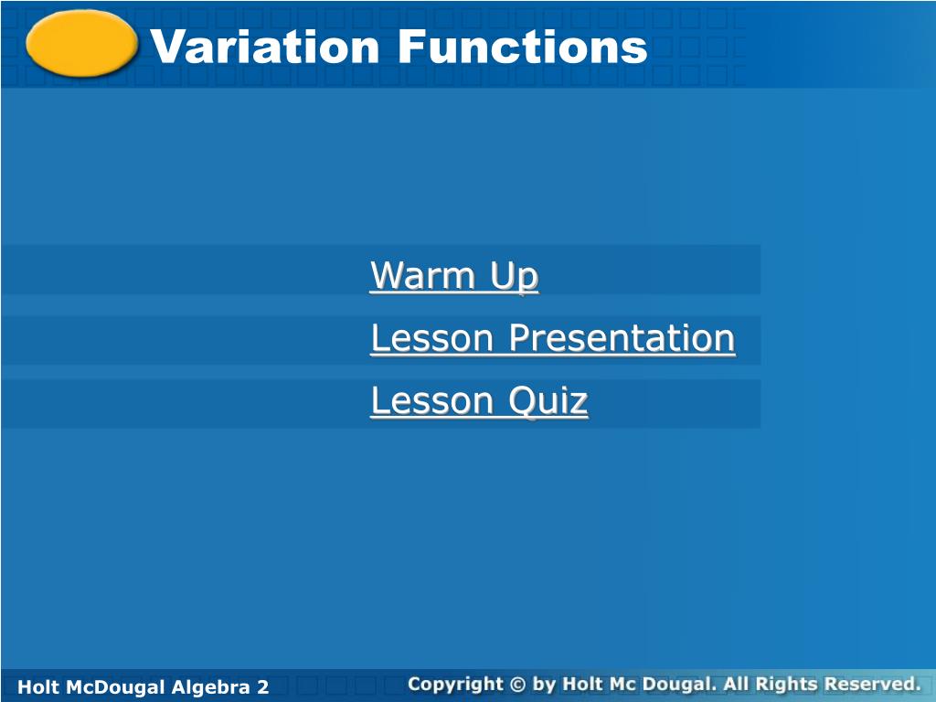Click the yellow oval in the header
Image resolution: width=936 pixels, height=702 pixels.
coord(81,44)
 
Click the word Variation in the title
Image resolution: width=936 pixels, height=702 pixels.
coord(264,47)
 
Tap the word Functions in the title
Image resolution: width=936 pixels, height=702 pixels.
coord(523,47)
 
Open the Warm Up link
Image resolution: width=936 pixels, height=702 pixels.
coord(454,275)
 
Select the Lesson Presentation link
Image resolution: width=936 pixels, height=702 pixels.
coord(553,337)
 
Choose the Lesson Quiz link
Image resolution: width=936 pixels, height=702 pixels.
coord(479,400)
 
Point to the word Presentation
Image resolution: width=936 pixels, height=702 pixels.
coord(622,337)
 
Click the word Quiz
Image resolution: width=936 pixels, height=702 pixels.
coord(548,400)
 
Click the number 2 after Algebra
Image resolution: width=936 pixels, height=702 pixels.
coord(263,687)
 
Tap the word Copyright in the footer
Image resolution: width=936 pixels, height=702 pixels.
coord(455,684)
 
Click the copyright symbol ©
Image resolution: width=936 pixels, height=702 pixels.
coord(517,684)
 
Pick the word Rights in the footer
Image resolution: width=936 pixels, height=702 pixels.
coord(787,684)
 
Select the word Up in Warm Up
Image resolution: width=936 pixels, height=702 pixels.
coord(515,277)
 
